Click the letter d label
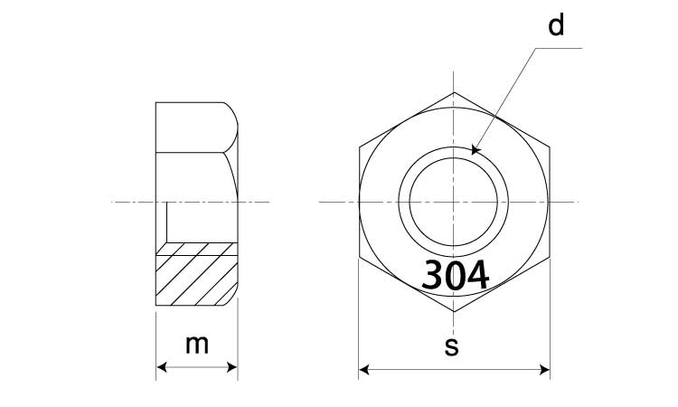556,25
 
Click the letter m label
197,345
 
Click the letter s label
451,347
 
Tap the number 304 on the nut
456,275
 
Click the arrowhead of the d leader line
475,150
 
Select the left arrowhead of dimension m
161,367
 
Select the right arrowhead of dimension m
232,367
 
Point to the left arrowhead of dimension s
364,370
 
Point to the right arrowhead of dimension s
544,370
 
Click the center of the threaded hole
454,202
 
